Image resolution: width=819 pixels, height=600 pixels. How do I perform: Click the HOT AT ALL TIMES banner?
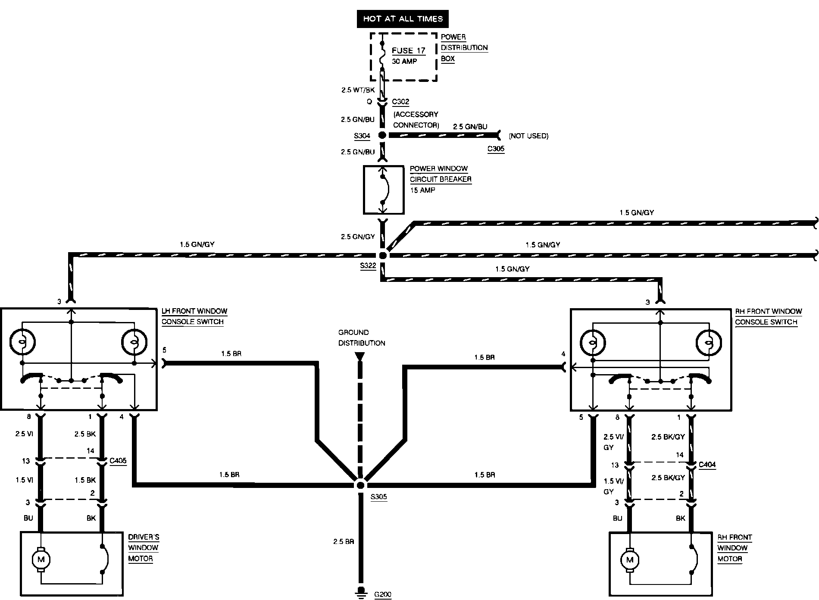pyautogui.click(x=403, y=19)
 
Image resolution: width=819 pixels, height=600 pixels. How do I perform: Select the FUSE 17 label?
pyautogui.click(x=409, y=50)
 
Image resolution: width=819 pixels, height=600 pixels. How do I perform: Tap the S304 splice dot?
pyautogui.click(x=382, y=135)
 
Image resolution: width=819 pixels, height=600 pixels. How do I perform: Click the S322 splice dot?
pyautogui.click(x=382, y=255)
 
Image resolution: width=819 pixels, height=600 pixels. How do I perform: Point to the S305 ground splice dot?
pyautogui.click(x=360, y=485)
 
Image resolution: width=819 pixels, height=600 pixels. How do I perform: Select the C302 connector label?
pyautogui.click(x=401, y=102)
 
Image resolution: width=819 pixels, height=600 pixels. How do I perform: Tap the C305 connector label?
pyautogui.click(x=496, y=149)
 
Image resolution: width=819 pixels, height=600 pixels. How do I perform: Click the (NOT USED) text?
pyautogui.click(x=528, y=136)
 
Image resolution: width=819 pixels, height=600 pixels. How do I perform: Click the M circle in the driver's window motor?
pyautogui.click(x=41, y=559)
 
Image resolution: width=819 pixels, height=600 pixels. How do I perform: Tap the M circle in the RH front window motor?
pyautogui.click(x=630, y=560)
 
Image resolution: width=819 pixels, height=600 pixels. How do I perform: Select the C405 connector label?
pyautogui.click(x=118, y=461)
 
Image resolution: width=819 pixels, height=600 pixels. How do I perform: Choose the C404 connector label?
pyautogui.click(x=707, y=465)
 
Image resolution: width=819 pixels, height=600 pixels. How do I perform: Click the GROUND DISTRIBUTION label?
pyautogui.click(x=362, y=338)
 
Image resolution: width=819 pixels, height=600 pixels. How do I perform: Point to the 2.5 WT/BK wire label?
pyautogui.click(x=358, y=91)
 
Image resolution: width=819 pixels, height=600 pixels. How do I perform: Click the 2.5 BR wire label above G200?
pyautogui.click(x=344, y=541)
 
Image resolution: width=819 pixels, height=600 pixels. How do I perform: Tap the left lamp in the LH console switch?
pyautogui.click(x=22, y=342)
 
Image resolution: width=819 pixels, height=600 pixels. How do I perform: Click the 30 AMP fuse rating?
pyautogui.click(x=404, y=61)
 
